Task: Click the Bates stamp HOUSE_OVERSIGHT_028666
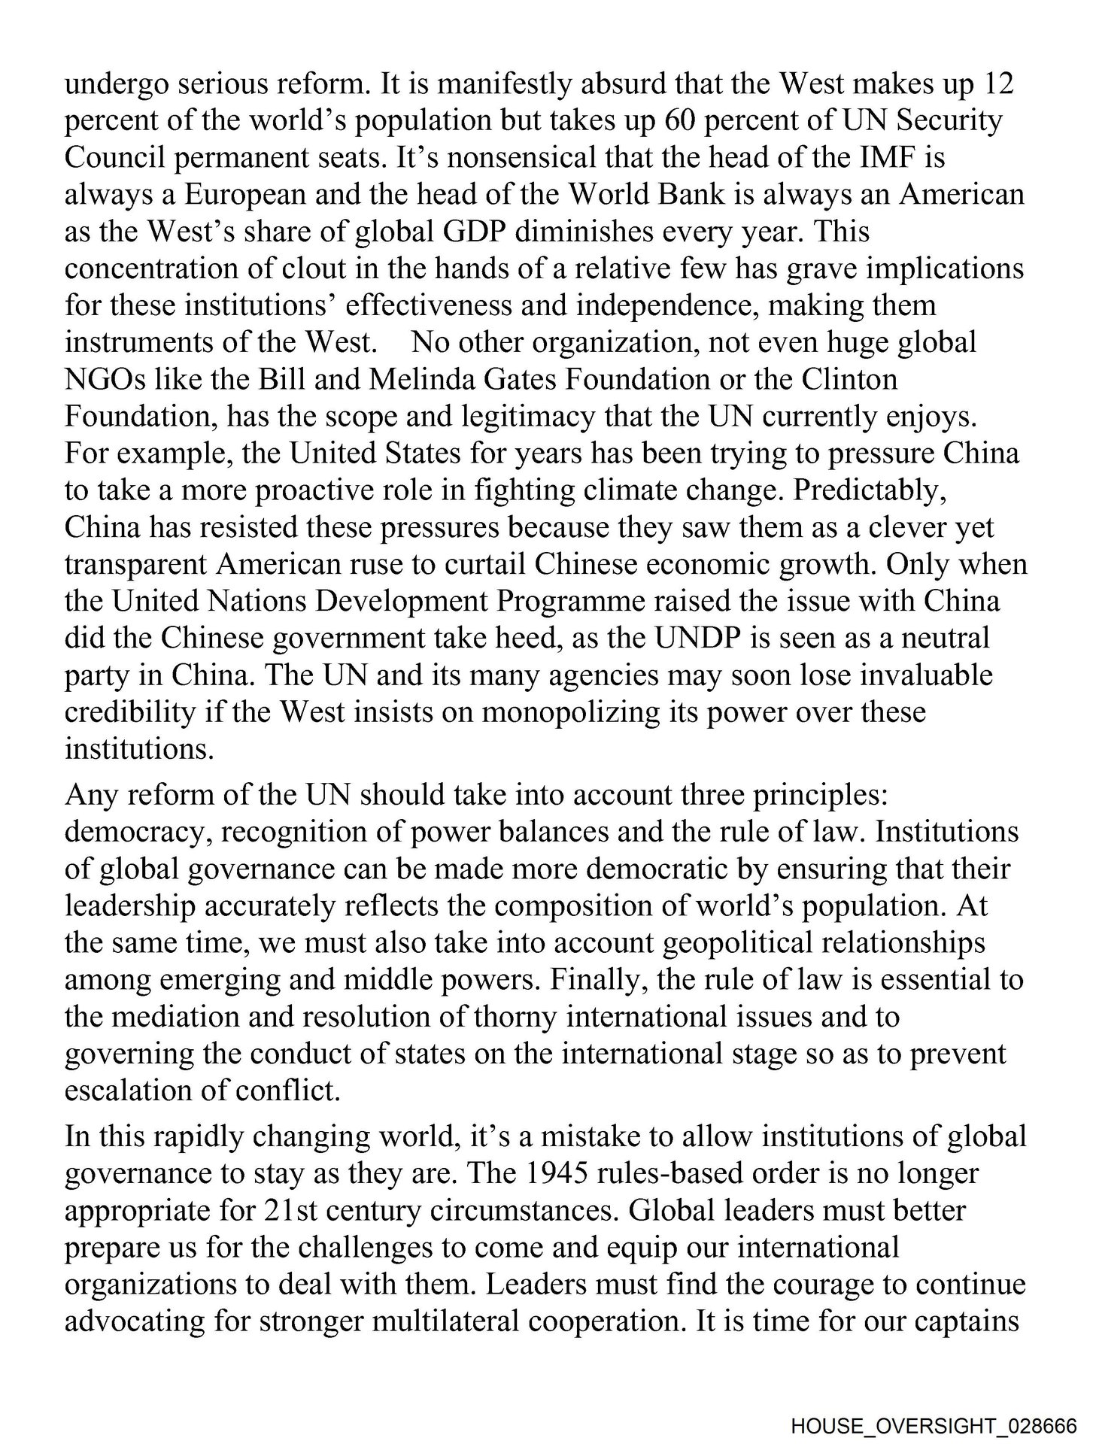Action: click(x=934, y=1424)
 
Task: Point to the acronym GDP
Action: click(x=470, y=232)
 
